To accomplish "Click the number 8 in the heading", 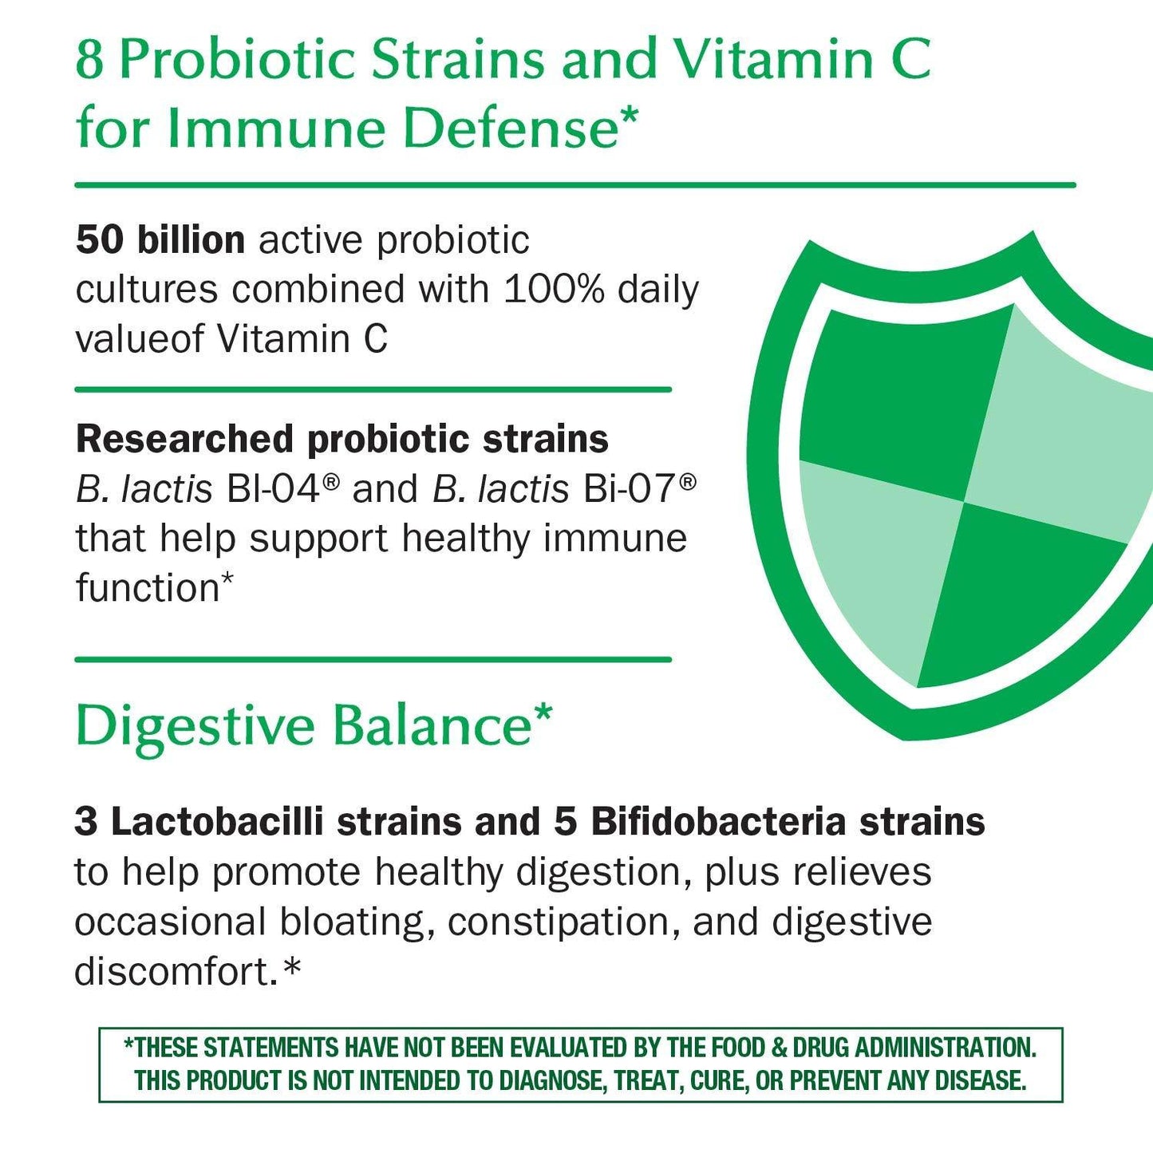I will click(90, 59).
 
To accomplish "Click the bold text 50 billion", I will click(160, 240).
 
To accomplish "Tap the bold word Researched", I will click(184, 439).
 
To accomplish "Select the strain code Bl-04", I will click(273, 488).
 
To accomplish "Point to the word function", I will click(148, 588).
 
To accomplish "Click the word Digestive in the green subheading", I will click(195, 726).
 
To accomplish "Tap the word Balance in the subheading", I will click(432, 726).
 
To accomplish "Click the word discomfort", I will click(176, 972).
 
